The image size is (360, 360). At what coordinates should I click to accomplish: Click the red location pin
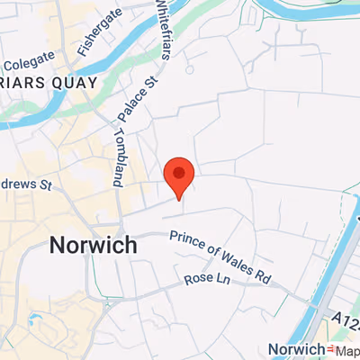coord(179,175)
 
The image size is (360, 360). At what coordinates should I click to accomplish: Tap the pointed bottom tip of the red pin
coord(179,199)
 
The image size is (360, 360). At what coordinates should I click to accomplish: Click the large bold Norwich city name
coord(94,245)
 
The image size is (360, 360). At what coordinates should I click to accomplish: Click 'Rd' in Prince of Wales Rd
coord(262,274)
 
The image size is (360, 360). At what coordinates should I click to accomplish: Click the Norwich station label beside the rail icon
coord(295,349)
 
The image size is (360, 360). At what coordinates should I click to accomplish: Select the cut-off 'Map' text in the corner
coord(347,349)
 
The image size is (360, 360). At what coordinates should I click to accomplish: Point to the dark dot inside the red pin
coord(179,170)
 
